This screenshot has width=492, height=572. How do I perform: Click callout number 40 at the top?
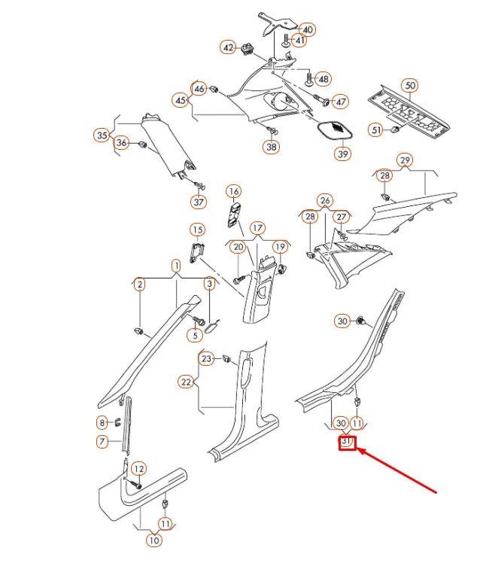pos(308,29)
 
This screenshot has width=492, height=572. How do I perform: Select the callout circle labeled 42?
pos(228,47)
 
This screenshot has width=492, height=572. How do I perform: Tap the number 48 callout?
pos(323,79)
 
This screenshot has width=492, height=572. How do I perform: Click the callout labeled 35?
pos(102,135)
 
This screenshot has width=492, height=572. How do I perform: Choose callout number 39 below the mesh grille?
pos(343,154)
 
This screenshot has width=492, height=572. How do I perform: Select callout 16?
pos(233,191)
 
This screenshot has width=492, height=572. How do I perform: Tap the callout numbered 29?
pos(405,160)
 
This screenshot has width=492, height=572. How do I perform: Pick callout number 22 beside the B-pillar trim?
pos(186,382)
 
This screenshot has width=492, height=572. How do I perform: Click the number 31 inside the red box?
pos(347,443)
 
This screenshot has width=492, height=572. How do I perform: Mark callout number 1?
pos(175,266)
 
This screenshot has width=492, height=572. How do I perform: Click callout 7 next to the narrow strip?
pos(103,441)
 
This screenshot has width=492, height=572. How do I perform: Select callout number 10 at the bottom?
pos(153,540)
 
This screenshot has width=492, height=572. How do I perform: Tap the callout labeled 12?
pos(138,469)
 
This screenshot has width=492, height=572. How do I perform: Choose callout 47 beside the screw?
pos(340,102)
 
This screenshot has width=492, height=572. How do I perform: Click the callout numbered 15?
pos(196,230)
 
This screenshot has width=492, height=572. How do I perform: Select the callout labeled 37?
pos(199,202)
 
